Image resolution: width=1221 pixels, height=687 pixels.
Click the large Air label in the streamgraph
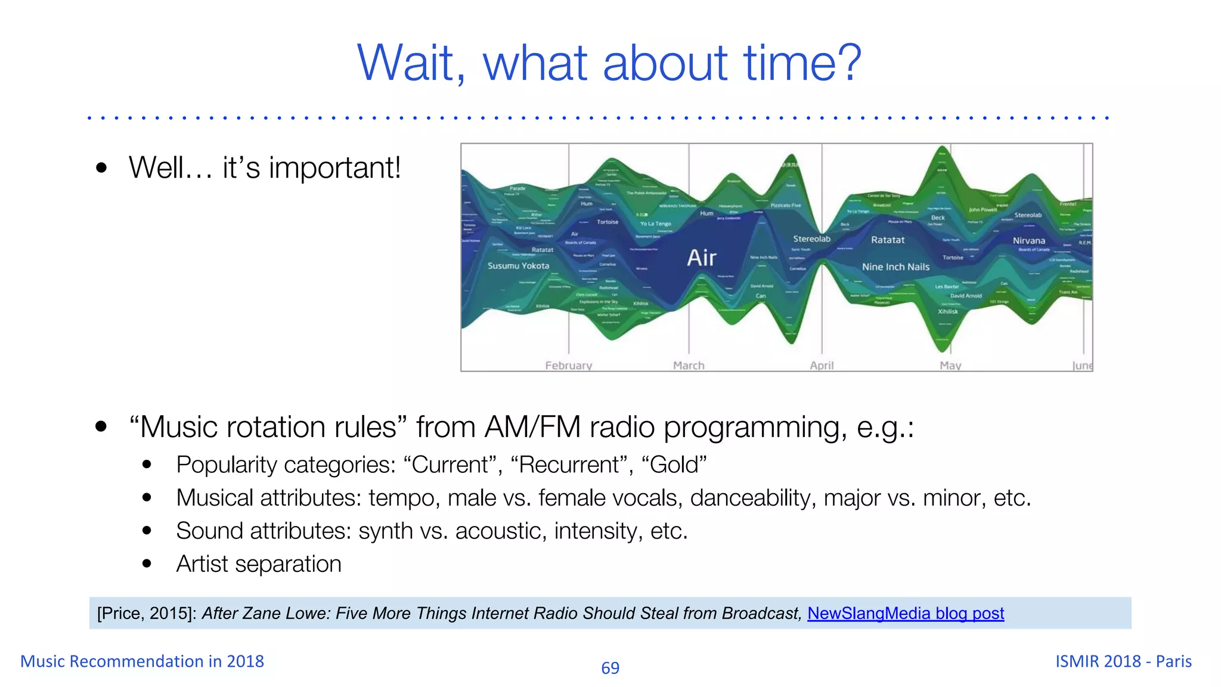click(x=702, y=258)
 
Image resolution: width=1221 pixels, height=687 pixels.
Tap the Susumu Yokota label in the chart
click(x=518, y=266)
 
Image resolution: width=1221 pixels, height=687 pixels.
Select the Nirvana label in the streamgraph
click(x=1029, y=241)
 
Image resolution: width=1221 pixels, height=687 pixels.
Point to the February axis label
click(x=568, y=366)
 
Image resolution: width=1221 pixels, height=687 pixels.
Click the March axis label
click(x=689, y=366)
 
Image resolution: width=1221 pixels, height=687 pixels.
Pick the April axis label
click(x=822, y=366)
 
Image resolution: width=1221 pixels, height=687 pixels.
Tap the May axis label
click(x=950, y=366)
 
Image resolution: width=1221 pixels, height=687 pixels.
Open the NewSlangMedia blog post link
click(x=906, y=613)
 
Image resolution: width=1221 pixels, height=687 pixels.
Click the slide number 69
click(x=610, y=668)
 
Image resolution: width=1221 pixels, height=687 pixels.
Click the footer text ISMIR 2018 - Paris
click(x=1123, y=661)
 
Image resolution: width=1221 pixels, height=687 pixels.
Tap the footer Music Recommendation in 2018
click(x=142, y=661)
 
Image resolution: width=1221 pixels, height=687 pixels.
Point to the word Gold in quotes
click(x=674, y=465)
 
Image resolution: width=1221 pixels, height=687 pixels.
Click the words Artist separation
click(x=259, y=564)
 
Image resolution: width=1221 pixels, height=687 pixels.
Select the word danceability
click(x=753, y=498)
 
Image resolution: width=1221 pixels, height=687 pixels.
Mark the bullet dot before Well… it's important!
click(x=101, y=168)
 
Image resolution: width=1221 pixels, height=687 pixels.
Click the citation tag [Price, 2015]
click(x=146, y=613)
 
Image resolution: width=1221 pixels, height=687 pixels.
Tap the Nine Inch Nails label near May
click(x=895, y=267)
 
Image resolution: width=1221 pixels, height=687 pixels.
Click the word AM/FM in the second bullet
click(x=532, y=427)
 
